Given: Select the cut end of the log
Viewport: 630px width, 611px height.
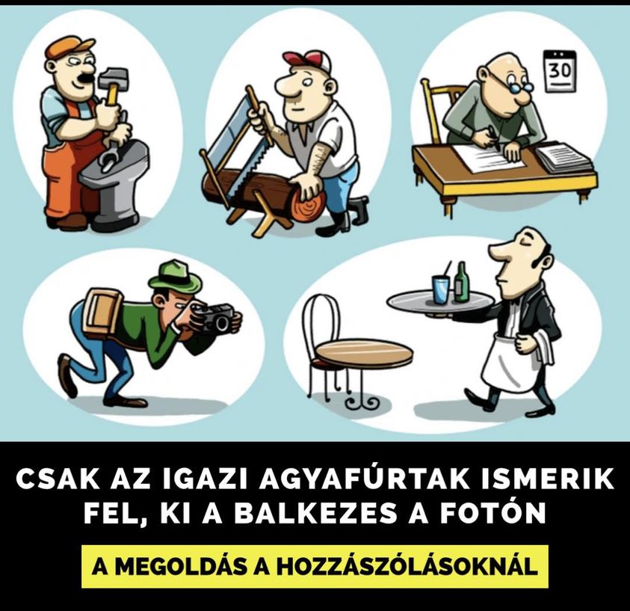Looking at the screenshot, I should coord(307,203).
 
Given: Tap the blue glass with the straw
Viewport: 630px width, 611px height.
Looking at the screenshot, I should coord(442,289).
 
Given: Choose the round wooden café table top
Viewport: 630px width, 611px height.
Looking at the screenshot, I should coord(363,352).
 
